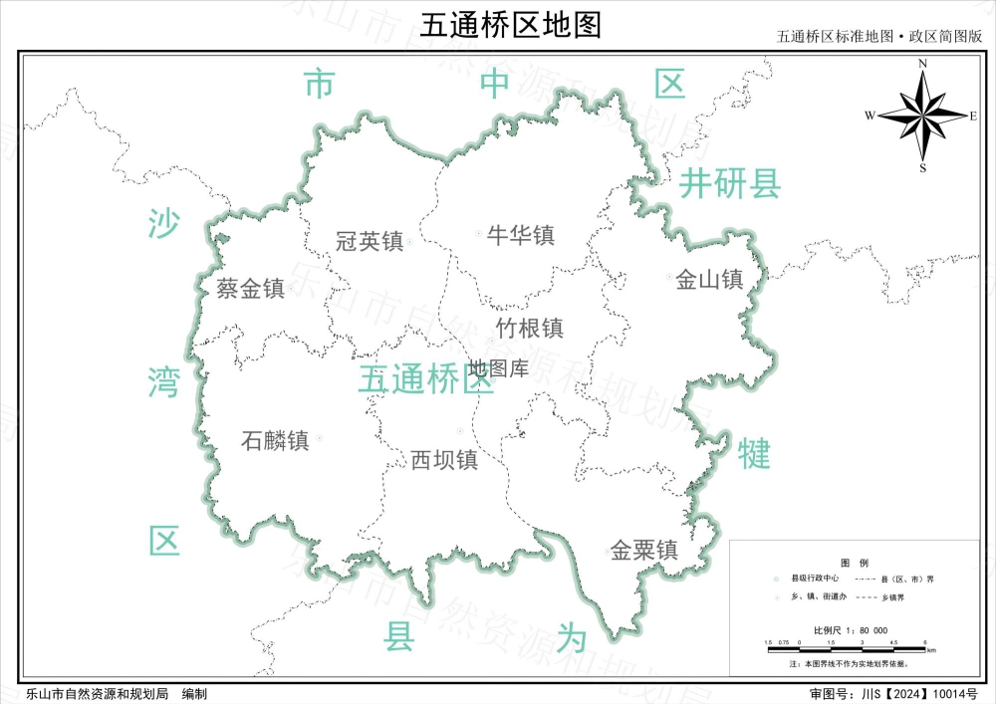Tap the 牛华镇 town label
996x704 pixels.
(520, 236)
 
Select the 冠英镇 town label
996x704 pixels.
(369, 241)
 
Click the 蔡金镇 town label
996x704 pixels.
(251, 289)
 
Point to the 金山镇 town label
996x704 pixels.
(709, 280)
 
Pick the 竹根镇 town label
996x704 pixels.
(530, 328)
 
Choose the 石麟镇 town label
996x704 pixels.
(276, 440)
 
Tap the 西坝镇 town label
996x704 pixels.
(444, 460)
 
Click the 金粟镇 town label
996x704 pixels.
(644, 550)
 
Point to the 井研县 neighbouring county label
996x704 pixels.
(730, 184)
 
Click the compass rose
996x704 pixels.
(923, 117)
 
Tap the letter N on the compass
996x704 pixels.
(923, 64)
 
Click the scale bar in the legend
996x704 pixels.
(847, 646)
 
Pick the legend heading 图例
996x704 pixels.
(855, 562)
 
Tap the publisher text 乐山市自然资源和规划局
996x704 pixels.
(96, 693)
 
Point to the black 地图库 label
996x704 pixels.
(499, 368)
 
